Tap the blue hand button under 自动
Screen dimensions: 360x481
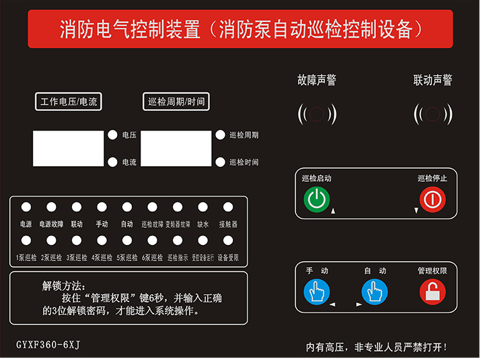pyautogui.click(x=374, y=292)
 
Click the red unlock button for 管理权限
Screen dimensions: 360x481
pyautogui.click(x=432, y=292)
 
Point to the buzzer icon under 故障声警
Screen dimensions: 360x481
pyautogui.click(x=317, y=114)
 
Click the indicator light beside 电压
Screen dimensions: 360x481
pyautogui.click(x=112, y=135)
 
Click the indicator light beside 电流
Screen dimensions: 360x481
pyautogui.click(x=112, y=161)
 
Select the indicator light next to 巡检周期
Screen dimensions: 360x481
pyautogui.click(x=220, y=135)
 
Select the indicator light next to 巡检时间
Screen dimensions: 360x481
pyautogui.click(x=220, y=161)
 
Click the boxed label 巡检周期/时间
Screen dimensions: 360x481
pyautogui.click(x=176, y=102)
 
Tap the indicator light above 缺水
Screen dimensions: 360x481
pyautogui.click(x=202, y=207)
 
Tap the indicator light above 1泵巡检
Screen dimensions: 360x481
pyautogui.click(x=26, y=240)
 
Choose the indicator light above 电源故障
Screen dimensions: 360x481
pyautogui.click(x=51, y=207)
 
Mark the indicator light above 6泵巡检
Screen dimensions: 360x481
pyautogui.click(x=152, y=240)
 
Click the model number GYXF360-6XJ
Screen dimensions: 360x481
pyautogui.click(x=48, y=345)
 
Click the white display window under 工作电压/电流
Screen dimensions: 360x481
pyautogui.click(x=68, y=148)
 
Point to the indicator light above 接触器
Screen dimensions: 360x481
pyautogui.click(x=227, y=207)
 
